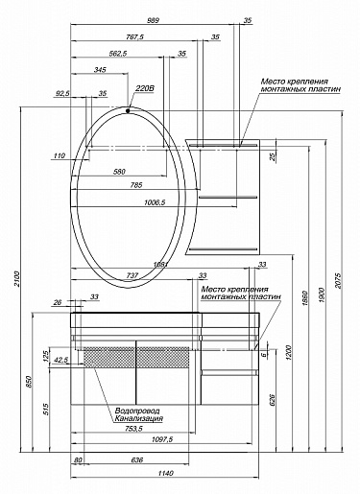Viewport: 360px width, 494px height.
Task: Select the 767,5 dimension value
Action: pyautogui.click(x=133, y=36)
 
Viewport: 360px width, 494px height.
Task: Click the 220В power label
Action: pyautogui.click(x=145, y=89)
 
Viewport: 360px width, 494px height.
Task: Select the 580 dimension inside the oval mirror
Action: pyautogui.click(x=119, y=172)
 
